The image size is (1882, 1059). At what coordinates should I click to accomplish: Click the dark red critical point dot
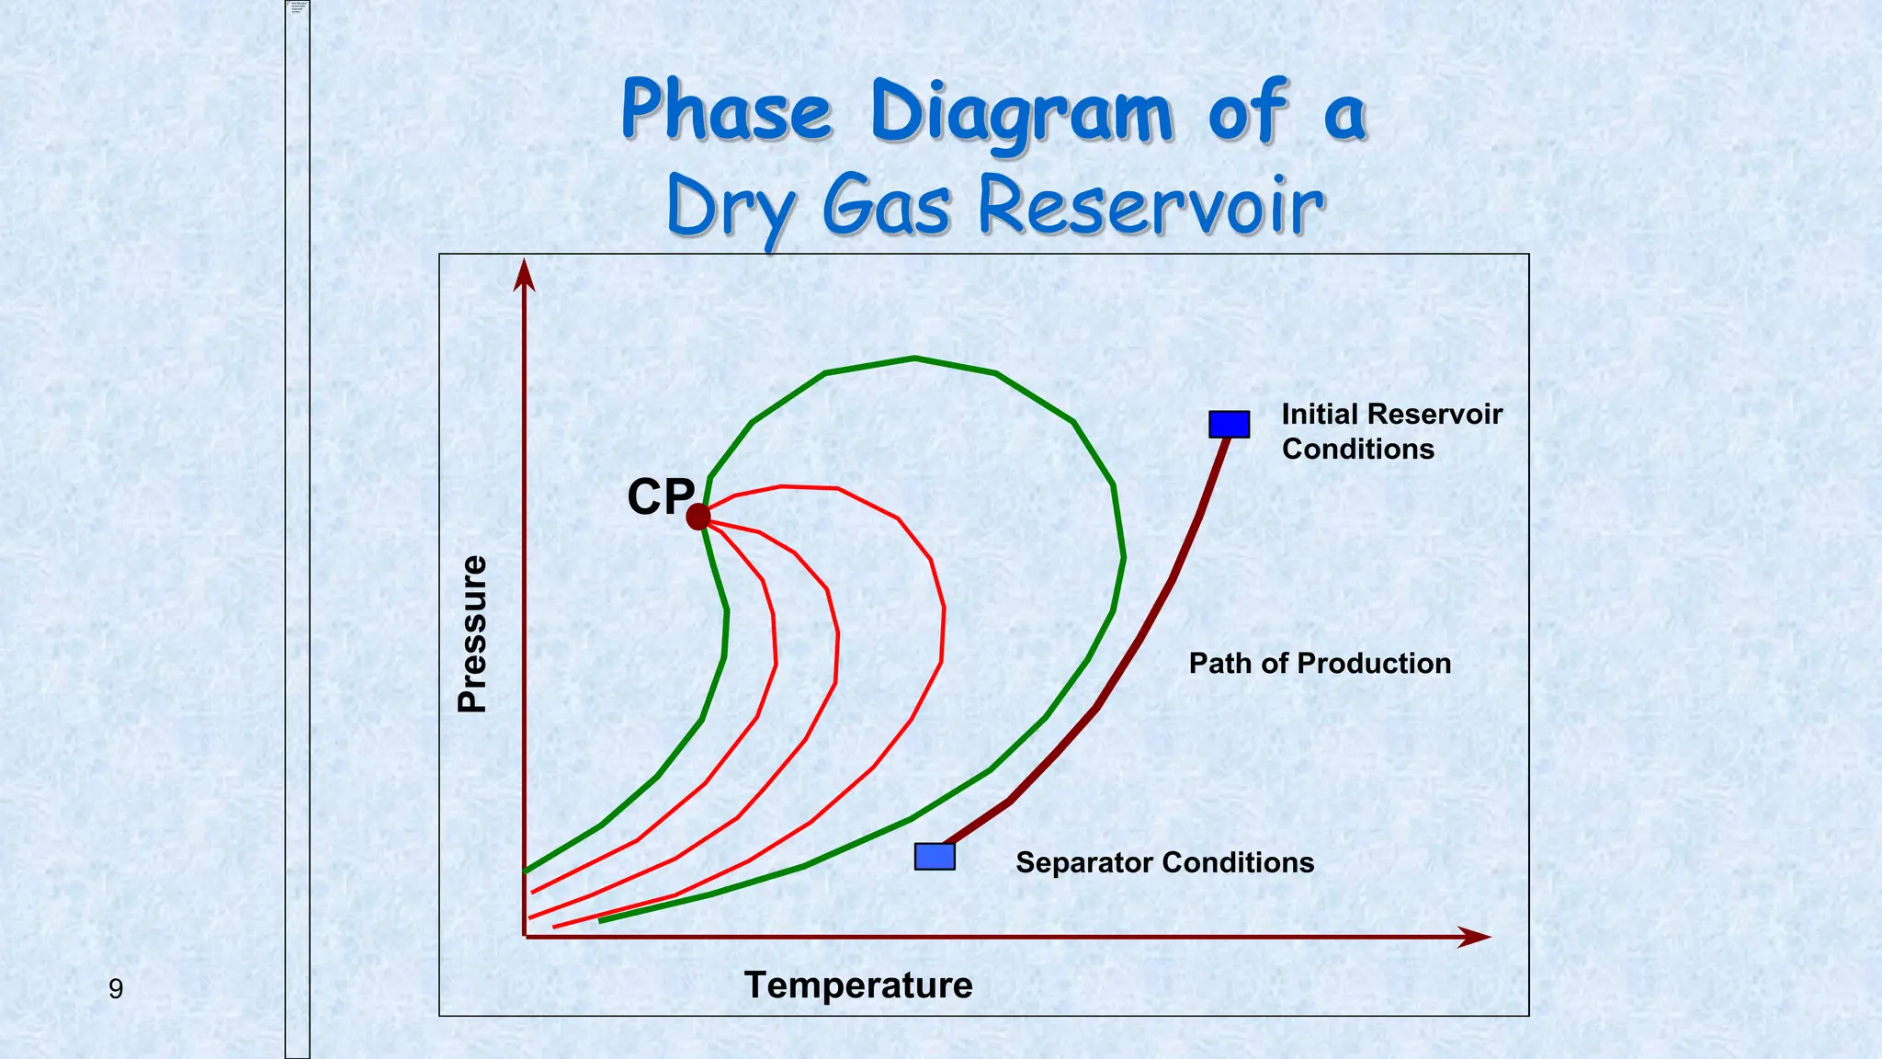[698, 517]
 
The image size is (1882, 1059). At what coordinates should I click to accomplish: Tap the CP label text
[660, 497]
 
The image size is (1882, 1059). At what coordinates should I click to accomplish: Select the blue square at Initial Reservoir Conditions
[1229, 424]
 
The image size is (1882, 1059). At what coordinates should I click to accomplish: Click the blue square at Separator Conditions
[935, 857]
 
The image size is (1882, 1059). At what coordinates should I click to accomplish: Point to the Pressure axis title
[472, 633]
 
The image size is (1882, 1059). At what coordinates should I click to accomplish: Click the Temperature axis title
[858, 985]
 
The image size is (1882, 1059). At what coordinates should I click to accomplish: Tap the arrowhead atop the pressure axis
[524, 274]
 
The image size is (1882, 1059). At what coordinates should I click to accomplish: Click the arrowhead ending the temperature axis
[1474, 937]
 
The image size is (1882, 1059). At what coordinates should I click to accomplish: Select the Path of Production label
[1320, 664]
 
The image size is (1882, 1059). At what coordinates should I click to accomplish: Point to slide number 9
[116, 989]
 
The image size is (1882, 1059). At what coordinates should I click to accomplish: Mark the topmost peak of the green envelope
[914, 358]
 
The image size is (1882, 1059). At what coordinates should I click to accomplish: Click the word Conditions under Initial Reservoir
[1357, 450]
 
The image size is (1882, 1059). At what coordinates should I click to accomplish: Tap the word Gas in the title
[886, 206]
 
